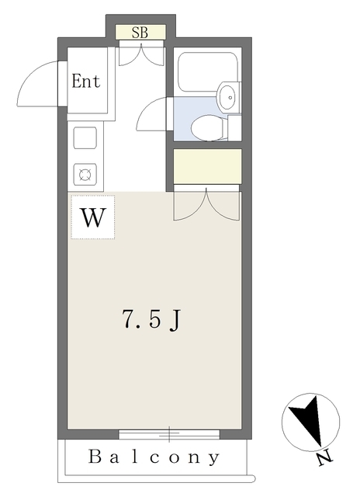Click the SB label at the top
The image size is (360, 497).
(140, 32)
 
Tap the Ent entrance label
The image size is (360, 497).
(86, 81)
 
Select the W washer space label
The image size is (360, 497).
(93, 217)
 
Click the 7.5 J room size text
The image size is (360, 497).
(151, 320)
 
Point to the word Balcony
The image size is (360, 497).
(154, 457)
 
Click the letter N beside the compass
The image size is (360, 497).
(325, 458)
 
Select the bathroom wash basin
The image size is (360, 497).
(228, 96)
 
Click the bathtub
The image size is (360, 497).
(208, 72)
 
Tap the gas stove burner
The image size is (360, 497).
(85, 174)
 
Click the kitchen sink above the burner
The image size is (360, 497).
(85, 137)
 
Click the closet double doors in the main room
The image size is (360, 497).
(206, 204)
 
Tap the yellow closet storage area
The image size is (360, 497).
(207, 166)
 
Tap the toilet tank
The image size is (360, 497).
(234, 127)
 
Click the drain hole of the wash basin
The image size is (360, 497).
(230, 97)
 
